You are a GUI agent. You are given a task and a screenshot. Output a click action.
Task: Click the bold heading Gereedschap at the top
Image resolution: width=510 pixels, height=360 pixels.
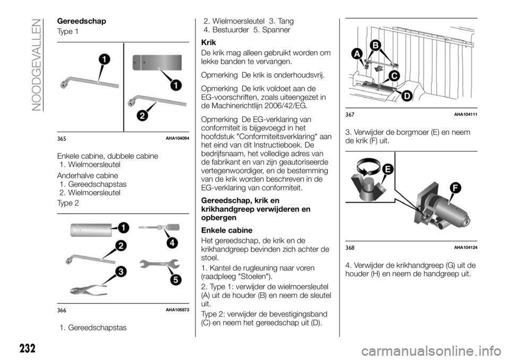click(78, 21)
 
